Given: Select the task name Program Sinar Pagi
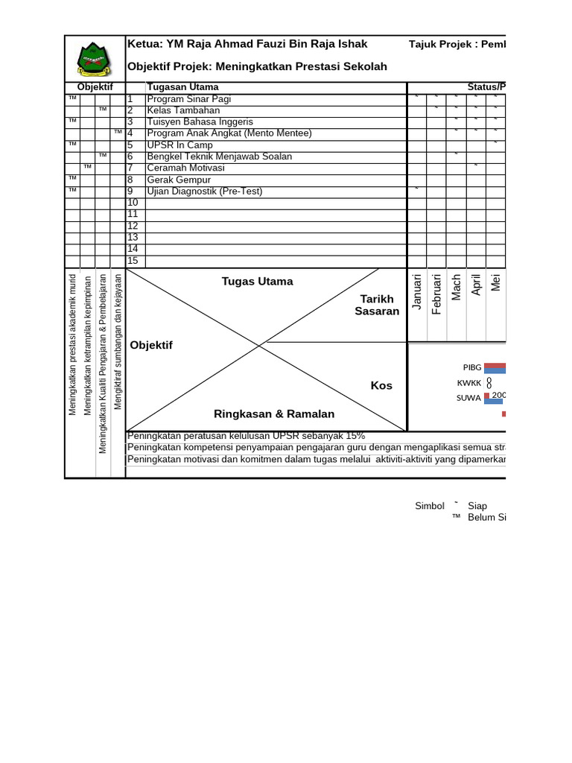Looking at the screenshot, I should pyautogui.click(x=179, y=98).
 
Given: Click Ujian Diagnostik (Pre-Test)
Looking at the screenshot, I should pyautogui.click(x=205, y=191).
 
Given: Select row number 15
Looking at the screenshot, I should pyautogui.click(x=133, y=261).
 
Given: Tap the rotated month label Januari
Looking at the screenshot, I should pyautogui.click(x=417, y=291).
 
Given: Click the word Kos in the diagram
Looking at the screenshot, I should pyautogui.click(x=381, y=385).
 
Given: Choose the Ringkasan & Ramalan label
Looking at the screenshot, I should pyautogui.click(x=274, y=414).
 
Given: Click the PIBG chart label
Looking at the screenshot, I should pyautogui.click(x=472, y=367).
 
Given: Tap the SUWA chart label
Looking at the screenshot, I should pyautogui.click(x=469, y=398).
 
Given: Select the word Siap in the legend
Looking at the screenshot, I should pyautogui.click(x=477, y=506).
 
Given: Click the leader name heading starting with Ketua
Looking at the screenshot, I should pyautogui.click(x=248, y=44).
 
